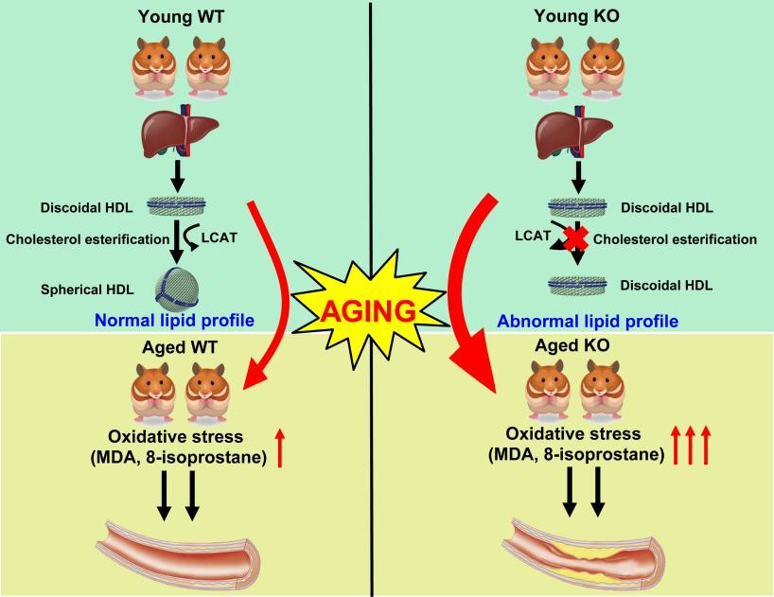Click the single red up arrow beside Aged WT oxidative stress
[x=306, y=447]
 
